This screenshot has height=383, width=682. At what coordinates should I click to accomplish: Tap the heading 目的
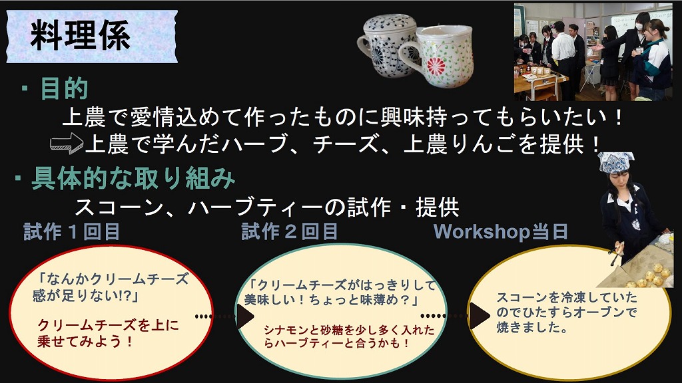point(65,88)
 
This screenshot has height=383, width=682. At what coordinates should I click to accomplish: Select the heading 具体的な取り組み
point(133,178)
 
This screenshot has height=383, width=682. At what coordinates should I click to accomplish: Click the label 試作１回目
point(72,232)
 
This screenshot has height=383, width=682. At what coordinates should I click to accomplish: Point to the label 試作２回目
point(290,232)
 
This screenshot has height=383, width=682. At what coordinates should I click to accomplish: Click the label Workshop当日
point(501,232)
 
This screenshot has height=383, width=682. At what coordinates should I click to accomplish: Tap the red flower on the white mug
point(436,66)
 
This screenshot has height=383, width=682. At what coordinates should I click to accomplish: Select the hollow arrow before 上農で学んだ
point(66,144)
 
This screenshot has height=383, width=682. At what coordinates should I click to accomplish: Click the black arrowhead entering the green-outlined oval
point(244,316)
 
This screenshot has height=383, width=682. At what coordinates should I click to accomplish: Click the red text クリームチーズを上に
point(108,325)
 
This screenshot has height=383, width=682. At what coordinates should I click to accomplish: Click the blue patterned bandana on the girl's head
point(616,162)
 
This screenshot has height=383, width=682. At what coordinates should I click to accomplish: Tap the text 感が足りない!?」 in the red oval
point(86,296)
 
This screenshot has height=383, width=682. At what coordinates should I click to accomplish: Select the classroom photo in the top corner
point(593,52)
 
